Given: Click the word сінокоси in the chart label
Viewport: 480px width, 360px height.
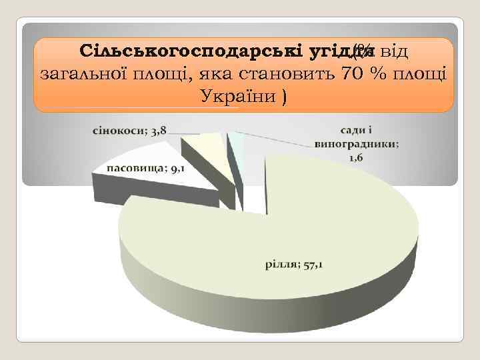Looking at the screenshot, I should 115,130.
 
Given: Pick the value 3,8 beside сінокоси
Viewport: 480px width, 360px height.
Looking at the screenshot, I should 158,130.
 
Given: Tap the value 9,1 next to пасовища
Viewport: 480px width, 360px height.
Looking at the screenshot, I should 177,169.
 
